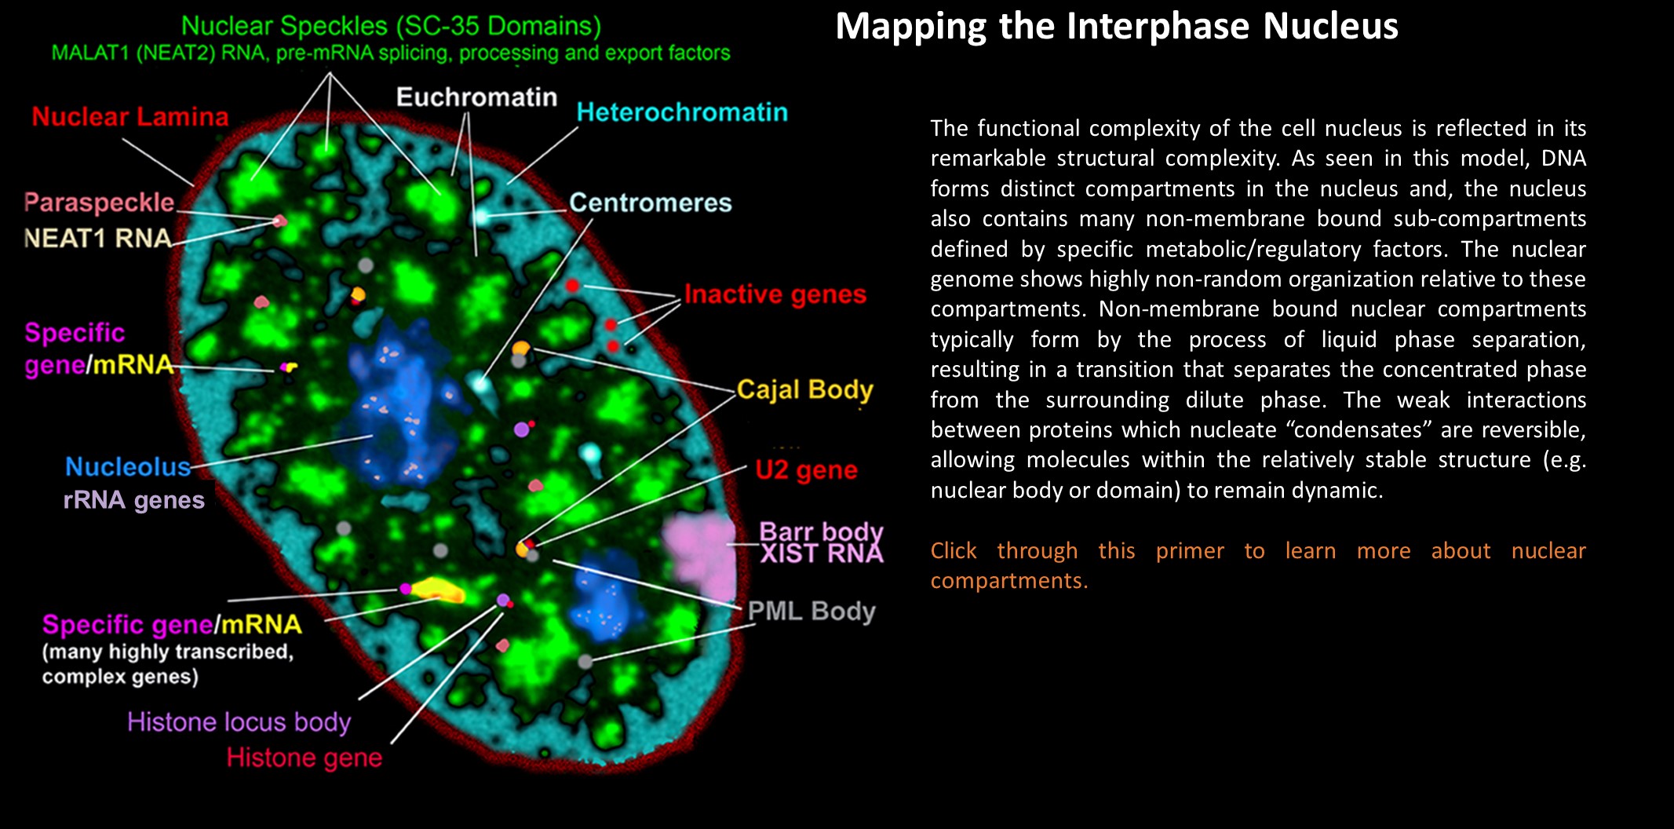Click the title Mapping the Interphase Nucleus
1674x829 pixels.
pyautogui.click(x=1116, y=27)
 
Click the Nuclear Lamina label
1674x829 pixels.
pyautogui.click(x=130, y=117)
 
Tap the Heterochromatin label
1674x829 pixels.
pyautogui.click(x=681, y=112)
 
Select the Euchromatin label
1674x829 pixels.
pyautogui.click(x=476, y=97)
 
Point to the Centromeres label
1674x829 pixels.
pyautogui.click(x=650, y=203)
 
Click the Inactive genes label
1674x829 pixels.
pyautogui.click(x=775, y=294)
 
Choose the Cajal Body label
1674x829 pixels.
pyautogui.click(x=804, y=389)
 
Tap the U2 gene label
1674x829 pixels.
pyautogui.click(x=806, y=469)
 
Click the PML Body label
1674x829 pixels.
pyautogui.click(x=811, y=611)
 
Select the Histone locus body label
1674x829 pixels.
pyautogui.click(x=239, y=721)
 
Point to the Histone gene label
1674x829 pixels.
pyautogui.click(x=305, y=758)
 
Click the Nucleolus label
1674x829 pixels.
pyautogui.click(x=128, y=467)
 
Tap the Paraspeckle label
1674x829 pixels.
pyautogui.click(x=99, y=203)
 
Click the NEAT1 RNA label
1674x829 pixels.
pyautogui.click(x=97, y=238)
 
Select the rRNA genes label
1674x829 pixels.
pyautogui.click(x=133, y=500)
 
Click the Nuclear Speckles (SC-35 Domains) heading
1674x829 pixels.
pyautogui.click(x=391, y=26)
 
